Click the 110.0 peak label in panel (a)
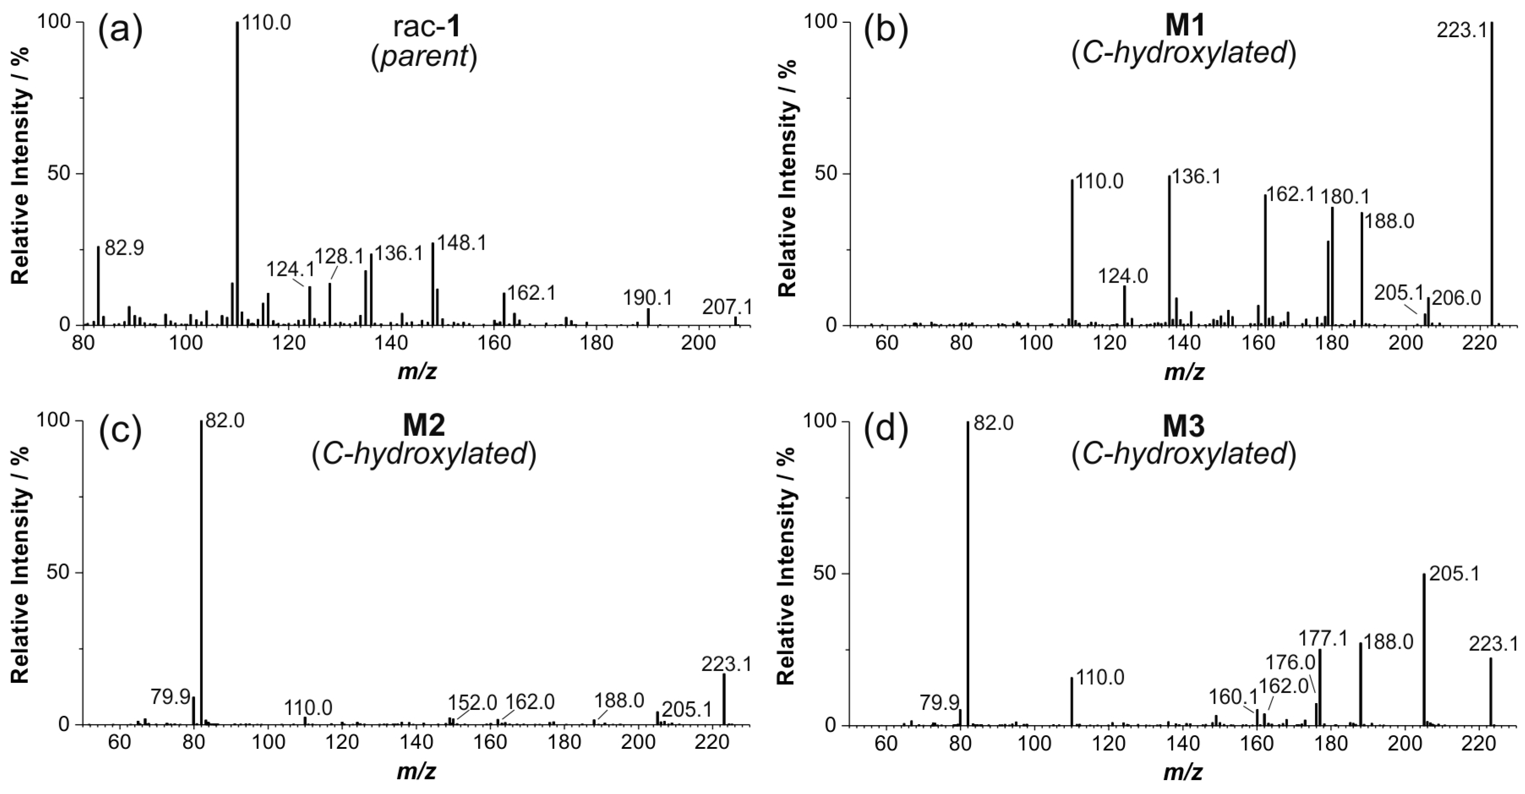pos(266,24)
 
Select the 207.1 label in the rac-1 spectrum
pos(727,307)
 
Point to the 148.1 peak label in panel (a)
pos(461,243)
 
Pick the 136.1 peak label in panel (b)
pos(1197,176)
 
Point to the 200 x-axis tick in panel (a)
pos(699,344)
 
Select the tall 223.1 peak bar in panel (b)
pos(1492,177)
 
